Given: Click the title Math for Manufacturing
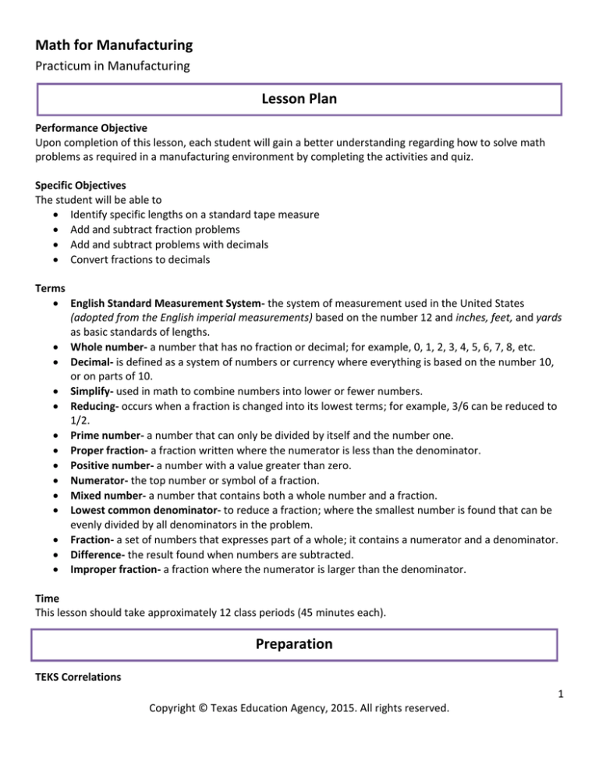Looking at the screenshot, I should pos(115,45).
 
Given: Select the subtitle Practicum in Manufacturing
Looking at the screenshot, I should pos(113,67).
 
